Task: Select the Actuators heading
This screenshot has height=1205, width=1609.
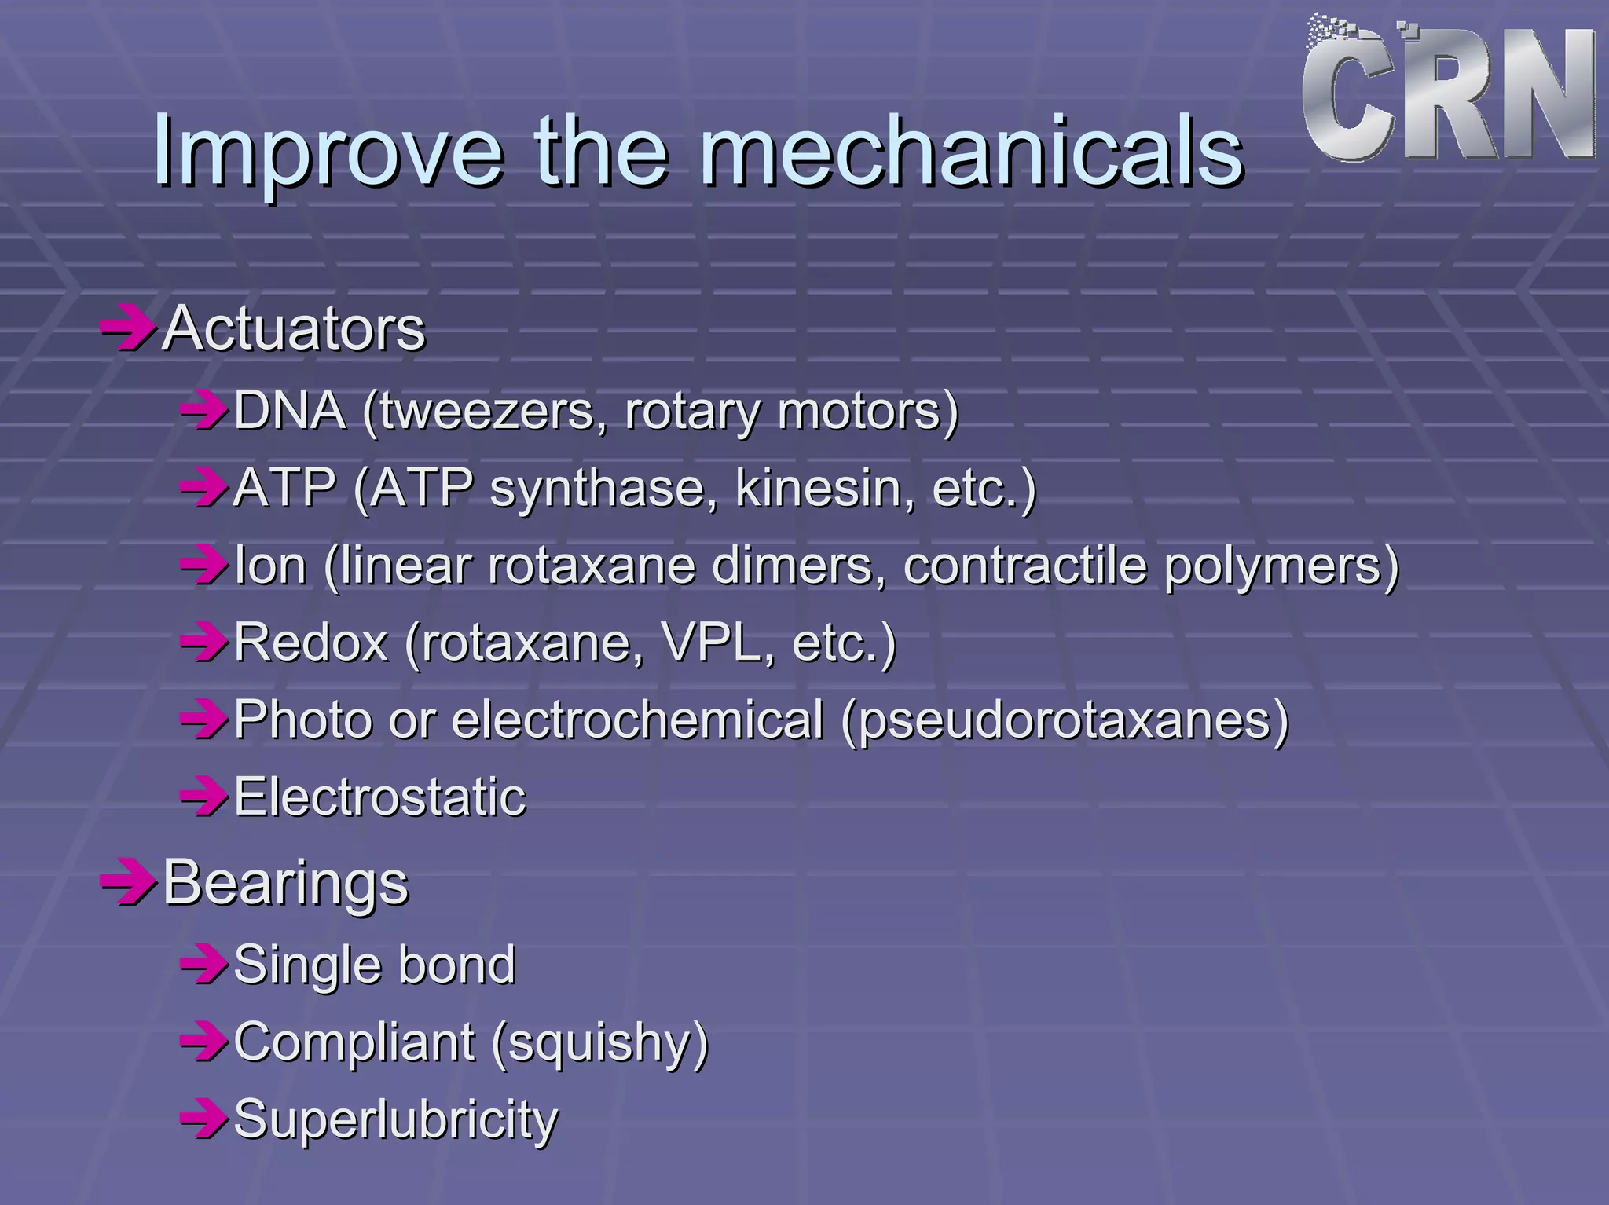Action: point(294,328)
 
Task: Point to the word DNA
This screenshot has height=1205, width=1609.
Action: point(290,410)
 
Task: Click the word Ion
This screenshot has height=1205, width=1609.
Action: point(270,566)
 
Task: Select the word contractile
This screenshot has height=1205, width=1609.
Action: point(1025,566)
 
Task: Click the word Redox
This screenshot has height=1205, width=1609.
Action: point(311,643)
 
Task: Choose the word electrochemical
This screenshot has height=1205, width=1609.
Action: point(637,720)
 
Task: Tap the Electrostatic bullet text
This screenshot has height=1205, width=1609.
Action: point(379,797)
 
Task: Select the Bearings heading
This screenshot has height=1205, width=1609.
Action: point(286,883)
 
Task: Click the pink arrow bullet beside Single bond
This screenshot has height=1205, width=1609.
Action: point(203,965)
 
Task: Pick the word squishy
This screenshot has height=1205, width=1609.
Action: point(601,1043)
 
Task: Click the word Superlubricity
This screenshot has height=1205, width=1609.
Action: point(396,1119)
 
